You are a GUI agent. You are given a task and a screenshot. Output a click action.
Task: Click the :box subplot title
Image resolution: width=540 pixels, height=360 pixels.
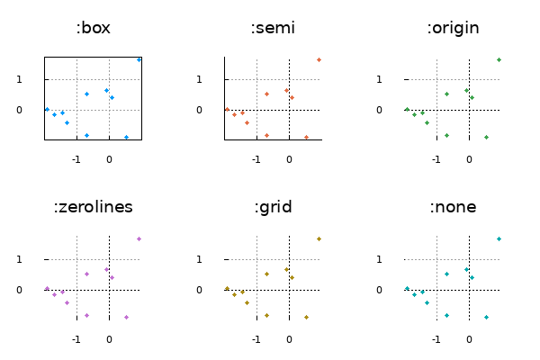tap(94, 28)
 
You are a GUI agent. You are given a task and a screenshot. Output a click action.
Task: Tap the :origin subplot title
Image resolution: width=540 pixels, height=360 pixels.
tap(453, 28)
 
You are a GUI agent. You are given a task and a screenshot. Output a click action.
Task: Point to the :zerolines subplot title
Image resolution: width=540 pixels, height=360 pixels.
tap(94, 207)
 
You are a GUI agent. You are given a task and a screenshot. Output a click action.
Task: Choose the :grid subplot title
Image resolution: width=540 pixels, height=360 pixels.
tap(274, 207)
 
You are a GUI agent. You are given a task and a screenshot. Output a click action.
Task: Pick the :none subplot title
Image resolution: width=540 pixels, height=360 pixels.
tap(453, 207)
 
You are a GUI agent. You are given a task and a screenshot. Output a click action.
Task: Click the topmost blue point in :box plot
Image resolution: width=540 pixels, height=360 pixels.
tap(139, 59)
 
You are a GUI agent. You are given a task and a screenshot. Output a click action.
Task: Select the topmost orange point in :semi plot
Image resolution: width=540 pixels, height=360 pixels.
tap(319, 59)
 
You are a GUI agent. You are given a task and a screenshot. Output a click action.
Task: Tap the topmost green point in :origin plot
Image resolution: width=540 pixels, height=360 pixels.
tap(499, 59)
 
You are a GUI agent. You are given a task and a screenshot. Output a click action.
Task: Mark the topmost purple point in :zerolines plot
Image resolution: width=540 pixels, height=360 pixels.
tap(139, 238)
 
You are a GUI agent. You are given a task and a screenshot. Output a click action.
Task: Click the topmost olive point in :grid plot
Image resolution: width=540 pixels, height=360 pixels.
tap(319, 238)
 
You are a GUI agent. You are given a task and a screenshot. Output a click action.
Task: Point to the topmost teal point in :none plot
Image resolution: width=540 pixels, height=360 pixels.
tap(499, 238)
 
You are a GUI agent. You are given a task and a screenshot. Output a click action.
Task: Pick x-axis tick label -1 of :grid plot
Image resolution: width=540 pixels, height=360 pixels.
tap(256, 339)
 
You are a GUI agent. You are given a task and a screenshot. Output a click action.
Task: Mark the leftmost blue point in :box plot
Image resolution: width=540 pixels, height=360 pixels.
tap(47, 109)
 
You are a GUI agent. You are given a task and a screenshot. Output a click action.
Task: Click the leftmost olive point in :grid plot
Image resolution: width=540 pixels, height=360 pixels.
tap(227, 288)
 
